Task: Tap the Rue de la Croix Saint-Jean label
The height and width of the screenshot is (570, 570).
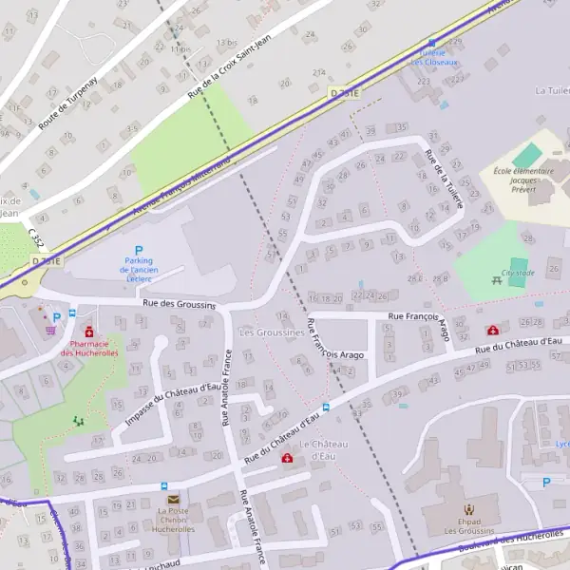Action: (230, 66)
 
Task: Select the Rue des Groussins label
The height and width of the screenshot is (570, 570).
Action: (180, 304)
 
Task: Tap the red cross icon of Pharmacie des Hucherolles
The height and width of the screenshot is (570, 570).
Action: (89, 332)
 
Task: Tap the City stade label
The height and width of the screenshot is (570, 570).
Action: (518, 273)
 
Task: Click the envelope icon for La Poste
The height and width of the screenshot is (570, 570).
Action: (173, 499)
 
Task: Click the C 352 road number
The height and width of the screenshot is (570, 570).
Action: (35, 236)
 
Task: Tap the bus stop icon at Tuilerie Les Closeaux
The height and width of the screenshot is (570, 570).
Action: (432, 43)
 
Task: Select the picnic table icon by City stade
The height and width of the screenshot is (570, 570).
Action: (496, 280)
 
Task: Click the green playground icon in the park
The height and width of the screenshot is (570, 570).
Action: (78, 419)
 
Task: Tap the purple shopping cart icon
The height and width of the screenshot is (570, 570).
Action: (50, 330)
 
